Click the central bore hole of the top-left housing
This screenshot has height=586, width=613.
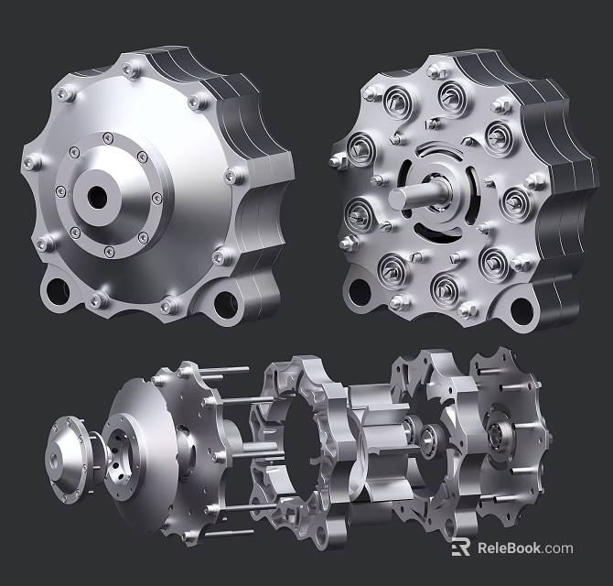click(99, 194)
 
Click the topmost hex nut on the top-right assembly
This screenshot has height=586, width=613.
click(437, 67)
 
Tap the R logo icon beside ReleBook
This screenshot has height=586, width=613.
click(461, 548)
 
